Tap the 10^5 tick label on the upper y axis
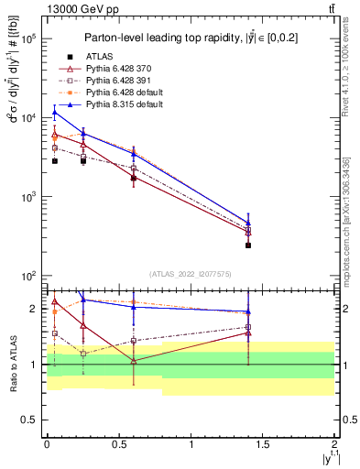pos(28,39)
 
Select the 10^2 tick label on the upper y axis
pos(28,276)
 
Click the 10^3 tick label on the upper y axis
pos(28,197)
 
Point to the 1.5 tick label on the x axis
pos(263,443)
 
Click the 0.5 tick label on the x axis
pos(119,443)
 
